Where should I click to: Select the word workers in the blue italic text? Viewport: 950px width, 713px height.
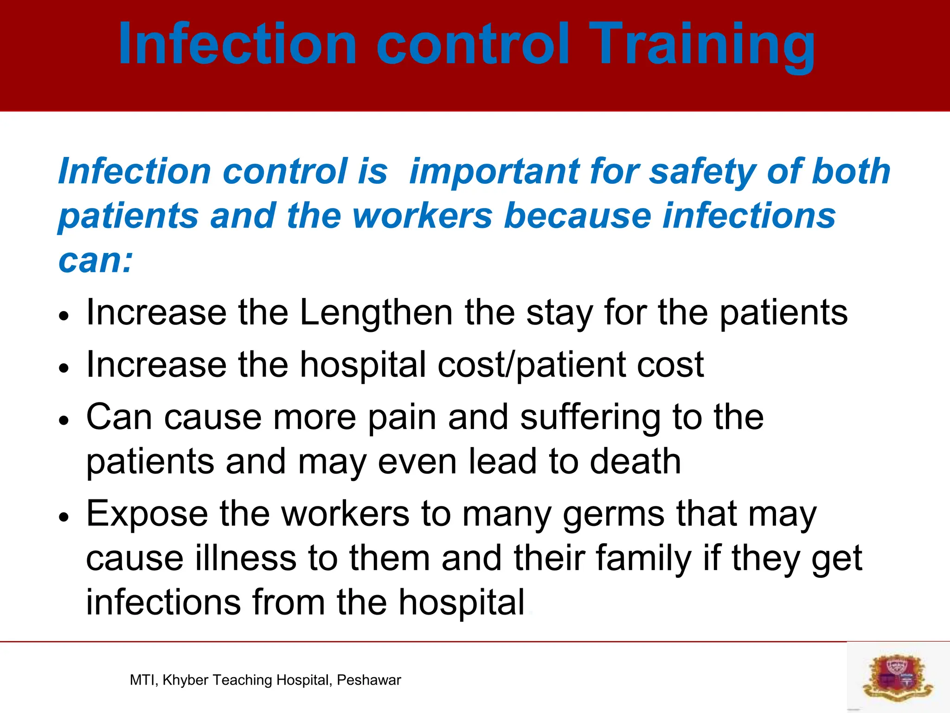(x=422, y=216)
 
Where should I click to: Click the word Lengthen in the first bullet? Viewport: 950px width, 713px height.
(x=376, y=312)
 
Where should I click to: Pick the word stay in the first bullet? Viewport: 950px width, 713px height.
(x=559, y=312)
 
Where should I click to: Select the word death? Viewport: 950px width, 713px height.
(x=635, y=461)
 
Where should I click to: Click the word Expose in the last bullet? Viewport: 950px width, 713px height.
(x=147, y=514)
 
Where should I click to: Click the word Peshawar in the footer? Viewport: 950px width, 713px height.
(x=369, y=680)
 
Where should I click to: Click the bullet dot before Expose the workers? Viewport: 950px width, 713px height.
(x=64, y=517)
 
